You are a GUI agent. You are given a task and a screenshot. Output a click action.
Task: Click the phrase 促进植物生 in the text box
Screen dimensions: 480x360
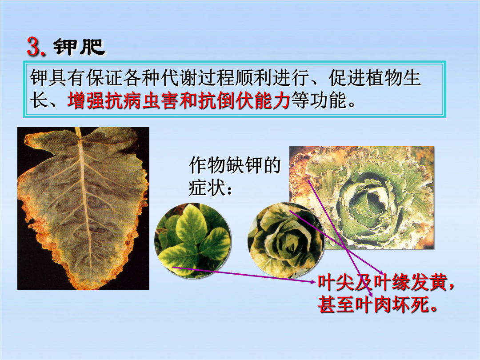[x=375, y=78]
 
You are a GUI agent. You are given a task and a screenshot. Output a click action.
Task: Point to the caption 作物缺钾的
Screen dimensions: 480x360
[x=235, y=165]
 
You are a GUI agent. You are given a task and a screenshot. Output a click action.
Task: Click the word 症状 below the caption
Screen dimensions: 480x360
[x=207, y=188]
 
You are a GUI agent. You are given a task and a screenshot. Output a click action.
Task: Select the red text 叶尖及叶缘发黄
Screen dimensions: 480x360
[x=382, y=282]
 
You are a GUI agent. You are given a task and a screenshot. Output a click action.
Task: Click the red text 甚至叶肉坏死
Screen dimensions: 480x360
[x=373, y=304]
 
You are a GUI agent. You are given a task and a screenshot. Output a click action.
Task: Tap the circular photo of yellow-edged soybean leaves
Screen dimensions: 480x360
[x=193, y=240]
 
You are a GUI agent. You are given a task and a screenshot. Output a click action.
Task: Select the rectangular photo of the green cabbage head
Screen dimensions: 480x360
[x=362, y=197]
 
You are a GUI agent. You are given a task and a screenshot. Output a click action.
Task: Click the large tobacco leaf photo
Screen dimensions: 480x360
[x=83, y=208]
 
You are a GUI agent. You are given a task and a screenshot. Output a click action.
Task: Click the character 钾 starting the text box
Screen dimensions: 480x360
[x=39, y=78]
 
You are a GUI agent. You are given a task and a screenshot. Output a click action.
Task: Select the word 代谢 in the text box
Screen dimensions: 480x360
[x=179, y=78]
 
